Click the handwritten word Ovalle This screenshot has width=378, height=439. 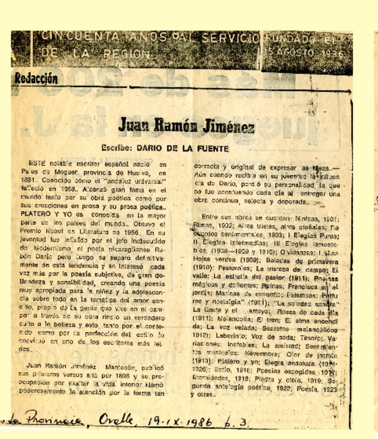[118, 420]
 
